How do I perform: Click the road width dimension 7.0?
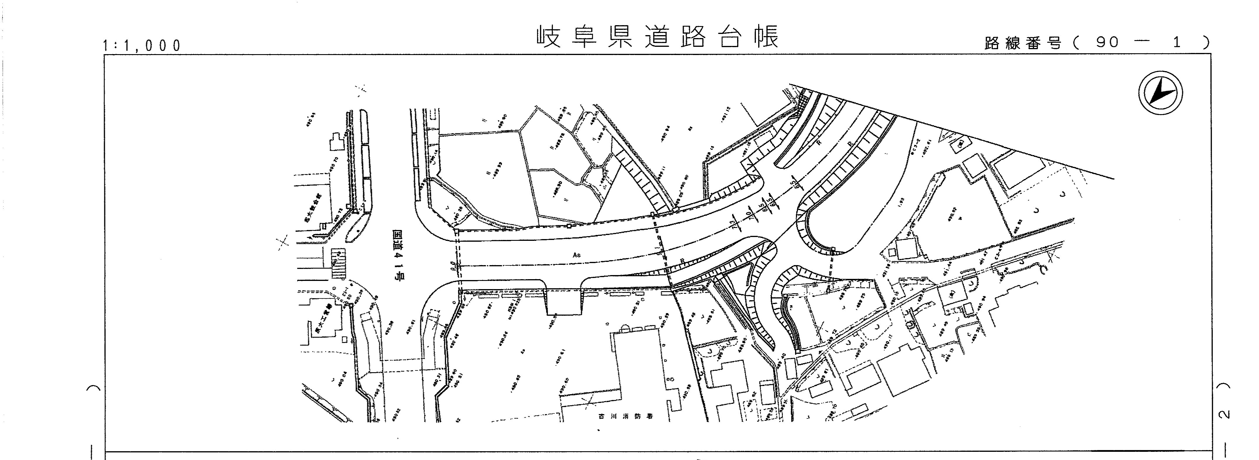click(x=748, y=215)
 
